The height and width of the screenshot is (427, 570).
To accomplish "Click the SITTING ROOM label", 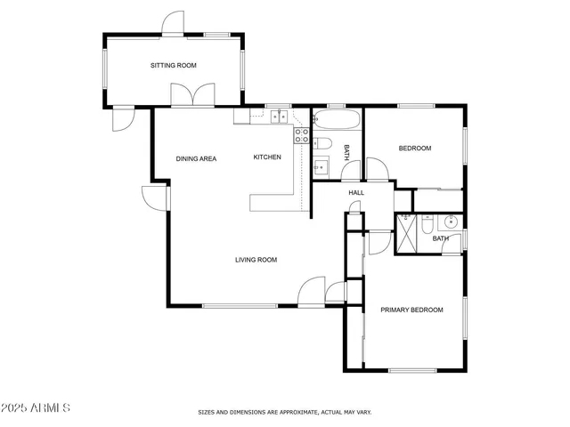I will pos(173,65).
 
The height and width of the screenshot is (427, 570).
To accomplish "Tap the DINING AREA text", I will pos(196,158).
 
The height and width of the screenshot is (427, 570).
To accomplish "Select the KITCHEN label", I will pos(267,157).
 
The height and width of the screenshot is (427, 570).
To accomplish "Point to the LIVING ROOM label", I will pos(256,260).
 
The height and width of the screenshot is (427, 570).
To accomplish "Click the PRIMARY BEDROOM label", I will pos(411,310).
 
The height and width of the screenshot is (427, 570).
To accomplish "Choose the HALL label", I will pos(356,192).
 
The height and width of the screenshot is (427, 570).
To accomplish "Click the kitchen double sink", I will pos(279,116).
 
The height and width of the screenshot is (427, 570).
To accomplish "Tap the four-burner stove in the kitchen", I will pos(302,135).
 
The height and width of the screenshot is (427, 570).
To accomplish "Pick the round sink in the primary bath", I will pos(452,222).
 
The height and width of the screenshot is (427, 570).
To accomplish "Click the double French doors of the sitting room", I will pos(193,95).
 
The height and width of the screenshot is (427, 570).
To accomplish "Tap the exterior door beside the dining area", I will pos(156,197).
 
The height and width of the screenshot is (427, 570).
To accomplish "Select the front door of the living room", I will pos(312,292).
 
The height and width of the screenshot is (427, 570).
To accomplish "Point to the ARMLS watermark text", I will pos(37,407).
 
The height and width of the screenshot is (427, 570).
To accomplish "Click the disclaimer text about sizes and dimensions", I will pos(284,413).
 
